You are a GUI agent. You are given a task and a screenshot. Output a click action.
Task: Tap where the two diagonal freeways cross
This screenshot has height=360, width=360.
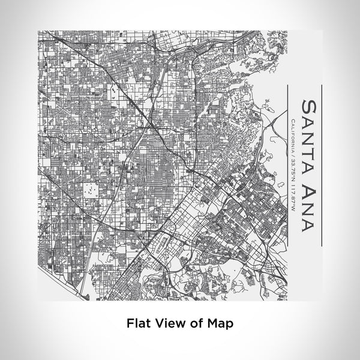[151, 127]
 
